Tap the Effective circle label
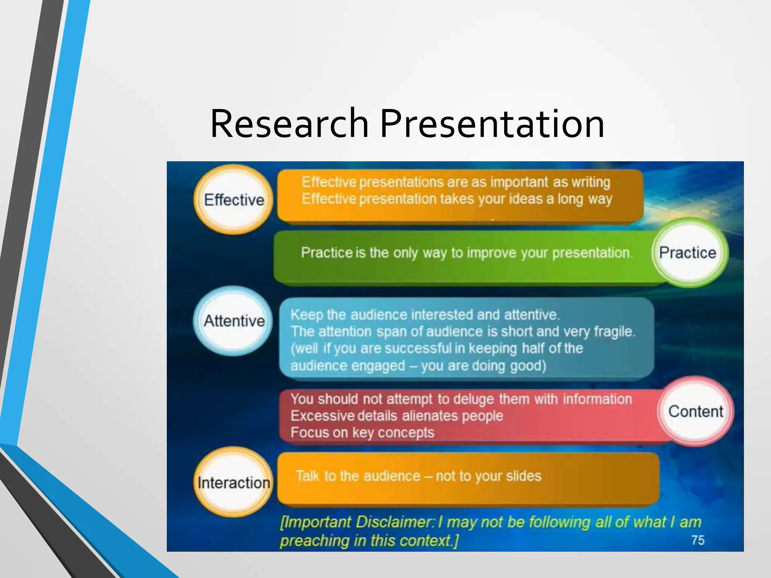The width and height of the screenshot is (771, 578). pyautogui.click(x=234, y=200)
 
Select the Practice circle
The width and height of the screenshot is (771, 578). pyautogui.click(x=687, y=252)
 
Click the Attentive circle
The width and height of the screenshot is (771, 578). pyautogui.click(x=234, y=321)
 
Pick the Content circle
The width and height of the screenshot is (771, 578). pyautogui.click(x=696, y=411)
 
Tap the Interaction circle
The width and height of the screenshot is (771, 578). pyautogui.click(x=234, y=483)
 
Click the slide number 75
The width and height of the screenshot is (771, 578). pyautogui.click(x=698, y=540)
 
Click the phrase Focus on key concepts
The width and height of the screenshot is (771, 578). pyautogui.click(x=362, y=432)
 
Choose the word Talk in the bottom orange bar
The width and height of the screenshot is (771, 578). pyautogui.click(x=307, y=476)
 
